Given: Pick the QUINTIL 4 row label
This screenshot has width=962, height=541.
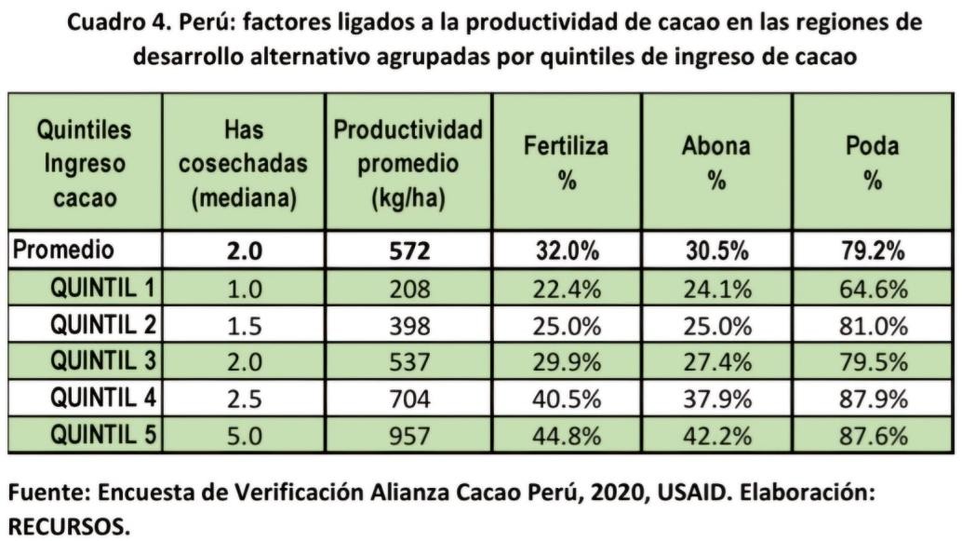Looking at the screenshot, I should tap(101, 399).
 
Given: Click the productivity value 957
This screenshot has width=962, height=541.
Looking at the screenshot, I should tap(408, 436).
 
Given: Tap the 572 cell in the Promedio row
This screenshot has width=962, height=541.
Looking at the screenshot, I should tap(408, 251).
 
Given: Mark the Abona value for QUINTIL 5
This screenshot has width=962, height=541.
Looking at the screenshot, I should tap(716, 436).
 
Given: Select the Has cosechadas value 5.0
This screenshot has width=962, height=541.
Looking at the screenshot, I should tap(243, 436).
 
